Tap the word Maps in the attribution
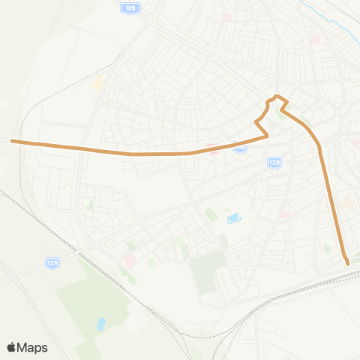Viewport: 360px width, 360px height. click(x=33, y=347)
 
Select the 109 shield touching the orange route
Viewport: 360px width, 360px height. click(x=240, y=148)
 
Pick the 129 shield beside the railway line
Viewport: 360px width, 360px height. click(x=52, y=262)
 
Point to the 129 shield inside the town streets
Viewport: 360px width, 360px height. click(x=274, y=162)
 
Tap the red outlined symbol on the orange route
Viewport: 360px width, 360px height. click(x=213, y=148)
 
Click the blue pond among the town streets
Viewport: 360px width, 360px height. click(x=232, y=219)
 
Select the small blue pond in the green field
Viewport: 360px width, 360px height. click(x=101, y=324)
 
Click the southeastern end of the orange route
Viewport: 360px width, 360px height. click(x=347, y=262)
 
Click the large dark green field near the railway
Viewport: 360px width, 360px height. click(x=207, y=274)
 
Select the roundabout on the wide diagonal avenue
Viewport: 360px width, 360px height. click(x=212, y=56)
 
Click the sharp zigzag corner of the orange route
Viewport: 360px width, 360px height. click(x=258, y=121)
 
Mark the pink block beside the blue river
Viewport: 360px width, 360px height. click(x=316, y=39)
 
